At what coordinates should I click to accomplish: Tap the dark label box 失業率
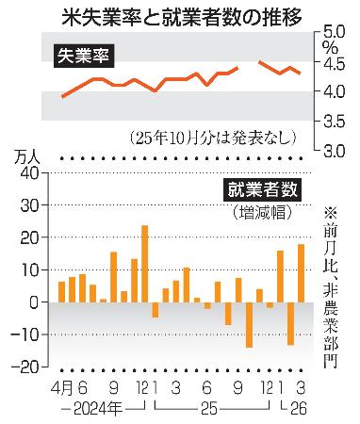(85, 57)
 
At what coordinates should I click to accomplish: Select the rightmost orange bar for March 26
(301, 273)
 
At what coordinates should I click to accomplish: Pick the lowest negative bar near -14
(249, 325)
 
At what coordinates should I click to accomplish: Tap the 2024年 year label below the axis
(93, 409)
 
